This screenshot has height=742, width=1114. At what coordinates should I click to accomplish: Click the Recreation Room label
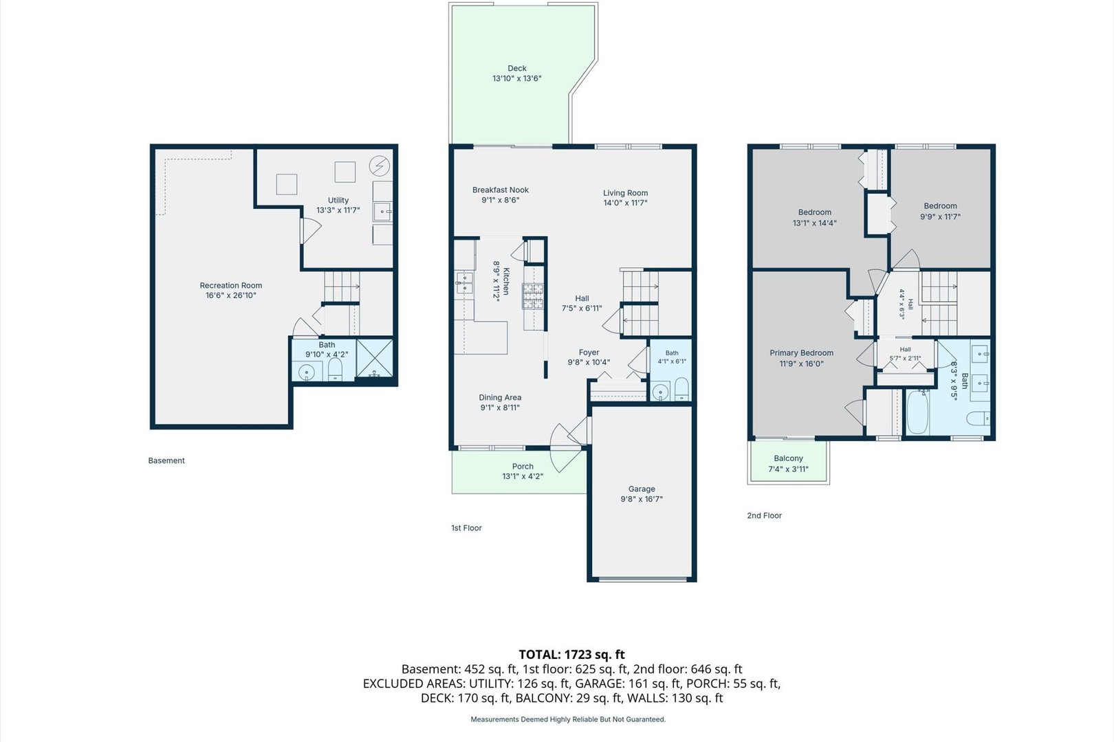[x=231, y=285]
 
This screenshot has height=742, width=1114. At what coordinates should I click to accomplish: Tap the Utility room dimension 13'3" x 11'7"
[x=338, y=210]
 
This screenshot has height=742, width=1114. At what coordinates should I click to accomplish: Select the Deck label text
[x=517, y=68]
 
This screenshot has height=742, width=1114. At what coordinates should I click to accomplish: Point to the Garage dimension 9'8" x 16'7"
[x=642, y=499]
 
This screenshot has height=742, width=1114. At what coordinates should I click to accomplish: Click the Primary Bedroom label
[x=802, y=353]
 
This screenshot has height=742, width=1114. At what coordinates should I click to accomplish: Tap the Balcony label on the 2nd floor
[x=788, y=458]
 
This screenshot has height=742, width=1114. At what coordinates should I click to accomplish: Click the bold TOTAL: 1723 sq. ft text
[x=572, y=655]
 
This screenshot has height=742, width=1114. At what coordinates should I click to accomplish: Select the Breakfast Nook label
[x=501, y=190]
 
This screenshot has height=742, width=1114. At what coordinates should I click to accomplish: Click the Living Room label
[x=626, y=193]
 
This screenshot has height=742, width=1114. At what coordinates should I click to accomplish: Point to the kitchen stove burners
[x=533, y=296]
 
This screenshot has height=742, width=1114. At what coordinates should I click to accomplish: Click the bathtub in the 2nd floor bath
[x=917, y=412]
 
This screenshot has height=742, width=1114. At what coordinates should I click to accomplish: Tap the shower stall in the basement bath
[x=375, y=358]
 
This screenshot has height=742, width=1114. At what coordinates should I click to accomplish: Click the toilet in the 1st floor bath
[x=681, y=390]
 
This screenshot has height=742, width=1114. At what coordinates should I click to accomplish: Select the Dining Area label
[x=501, y=398]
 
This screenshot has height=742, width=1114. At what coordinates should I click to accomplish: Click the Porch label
[x=523, y=466]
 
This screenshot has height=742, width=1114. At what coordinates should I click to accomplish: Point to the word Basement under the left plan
[x=166, y=461]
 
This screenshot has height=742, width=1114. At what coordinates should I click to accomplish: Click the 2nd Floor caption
[x=765, y=516]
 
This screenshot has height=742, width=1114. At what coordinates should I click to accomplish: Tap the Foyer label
[x=589, y=352]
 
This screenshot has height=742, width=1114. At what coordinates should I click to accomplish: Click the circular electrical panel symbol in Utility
[x=380, y=166]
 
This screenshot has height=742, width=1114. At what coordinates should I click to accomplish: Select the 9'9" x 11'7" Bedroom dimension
[x=940, y=216]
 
